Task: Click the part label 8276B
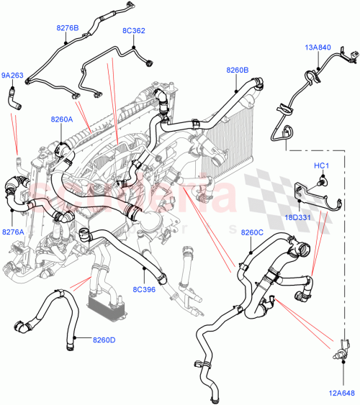pyautogui.click(x=67, y=28)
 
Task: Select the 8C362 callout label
pyautogui.click(x=133, y=31)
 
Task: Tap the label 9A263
pyautogui.click(x=12, y=74)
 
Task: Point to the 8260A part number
pyautogui.click(x=61, y=119)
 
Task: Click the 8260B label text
pyautogui.click(x=237, y=70)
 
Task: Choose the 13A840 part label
pyautogui.click(x=317, y=47)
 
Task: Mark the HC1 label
pyautogui.click(x=321, y=166)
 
